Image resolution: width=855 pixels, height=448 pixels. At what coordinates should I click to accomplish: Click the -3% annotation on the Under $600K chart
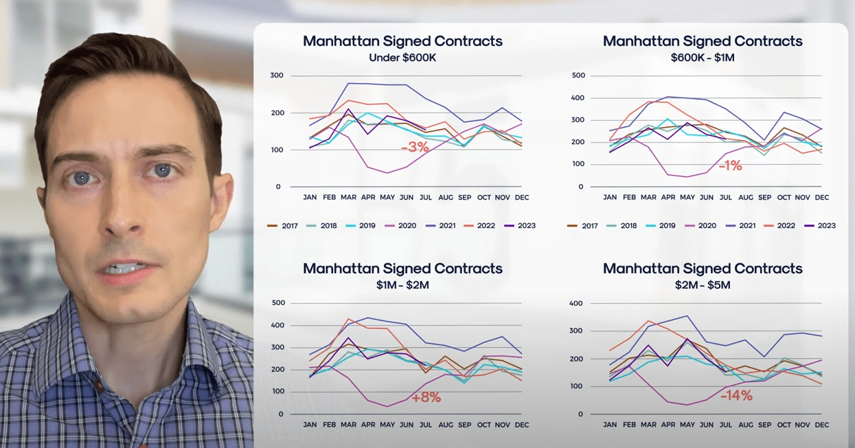(x=415, y=147)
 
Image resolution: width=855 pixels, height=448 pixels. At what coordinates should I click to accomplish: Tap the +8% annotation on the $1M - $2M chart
(x=426, y=397)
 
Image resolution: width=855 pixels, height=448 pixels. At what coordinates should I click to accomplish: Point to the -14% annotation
(x=736, y=395)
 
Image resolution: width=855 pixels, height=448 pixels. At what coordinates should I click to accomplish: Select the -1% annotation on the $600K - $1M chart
(x=730, y=165)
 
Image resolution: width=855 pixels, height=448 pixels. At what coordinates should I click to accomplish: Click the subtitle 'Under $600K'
(x=402, y=58)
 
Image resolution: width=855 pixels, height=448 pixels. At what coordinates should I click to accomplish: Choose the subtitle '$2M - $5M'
(x=703, y=285)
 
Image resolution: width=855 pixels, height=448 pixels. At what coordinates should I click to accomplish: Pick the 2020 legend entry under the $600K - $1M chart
(x=702, y=226)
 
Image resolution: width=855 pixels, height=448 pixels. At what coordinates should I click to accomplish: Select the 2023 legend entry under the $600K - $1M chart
(x=821, y=226)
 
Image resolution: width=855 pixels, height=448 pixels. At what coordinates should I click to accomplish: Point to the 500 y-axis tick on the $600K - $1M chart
(x=578, y=75)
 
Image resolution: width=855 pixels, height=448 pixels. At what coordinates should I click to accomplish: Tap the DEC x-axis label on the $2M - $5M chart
(x=821, y=425)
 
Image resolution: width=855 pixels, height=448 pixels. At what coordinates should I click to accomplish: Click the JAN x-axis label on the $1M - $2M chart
(x=310, y=425)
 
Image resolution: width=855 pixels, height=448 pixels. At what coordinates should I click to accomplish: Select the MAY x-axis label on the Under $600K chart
(x=387, y=198)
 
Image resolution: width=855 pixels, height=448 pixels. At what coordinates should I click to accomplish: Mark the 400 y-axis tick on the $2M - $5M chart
(x=576, y=303)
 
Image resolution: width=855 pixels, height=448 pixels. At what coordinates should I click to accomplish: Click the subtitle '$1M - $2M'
(x=402, y=285)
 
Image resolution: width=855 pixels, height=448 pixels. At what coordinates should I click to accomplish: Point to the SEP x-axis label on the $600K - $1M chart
(x=764, y=198)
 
